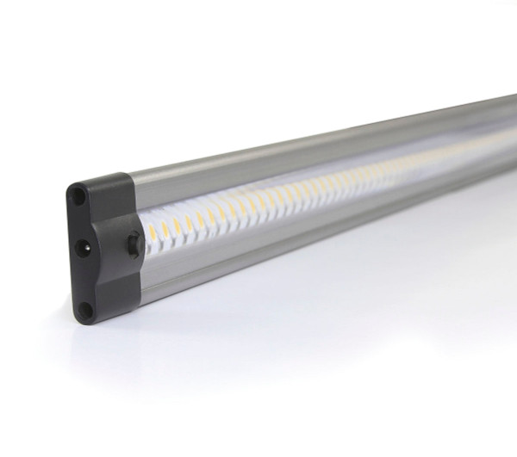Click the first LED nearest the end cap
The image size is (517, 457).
(x=149, y=232)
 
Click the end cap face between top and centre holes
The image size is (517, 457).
(x=80, y=222)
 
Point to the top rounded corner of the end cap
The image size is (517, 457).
(x=74, y=182)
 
